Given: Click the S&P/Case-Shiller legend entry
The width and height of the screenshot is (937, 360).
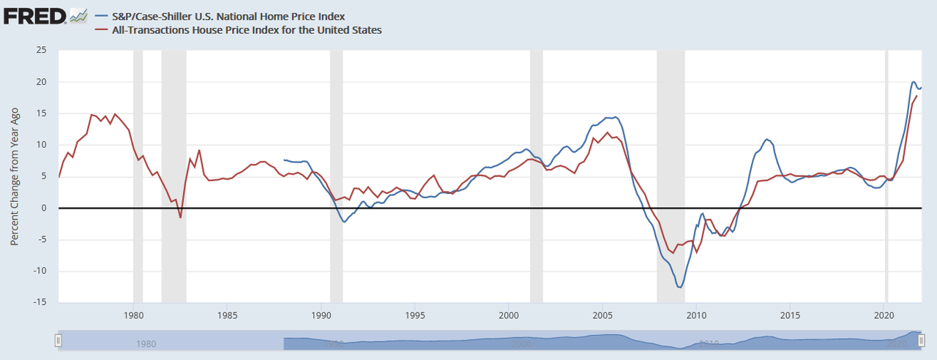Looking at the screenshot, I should tap(219, 15).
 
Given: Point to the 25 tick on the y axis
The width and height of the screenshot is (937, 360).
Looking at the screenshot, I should tap(41, 50).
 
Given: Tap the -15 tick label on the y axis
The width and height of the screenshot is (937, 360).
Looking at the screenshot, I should tap(40, 302).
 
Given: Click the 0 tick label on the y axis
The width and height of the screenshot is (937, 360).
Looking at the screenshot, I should tap(44, 208).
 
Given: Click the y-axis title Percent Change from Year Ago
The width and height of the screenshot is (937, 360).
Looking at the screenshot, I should tap(15, 176).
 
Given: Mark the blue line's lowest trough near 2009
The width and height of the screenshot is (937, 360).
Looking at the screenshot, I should tap(679, 287).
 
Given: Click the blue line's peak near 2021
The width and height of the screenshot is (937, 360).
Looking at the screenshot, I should tap(914, 82).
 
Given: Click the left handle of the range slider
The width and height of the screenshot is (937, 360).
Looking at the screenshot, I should tap(59, 340).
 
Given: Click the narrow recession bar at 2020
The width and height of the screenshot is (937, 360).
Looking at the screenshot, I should tap(886, 176).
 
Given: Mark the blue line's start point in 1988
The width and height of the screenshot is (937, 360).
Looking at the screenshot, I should tap(284, 160).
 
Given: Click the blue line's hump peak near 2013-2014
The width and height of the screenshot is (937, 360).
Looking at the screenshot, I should tap(766, 139).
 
